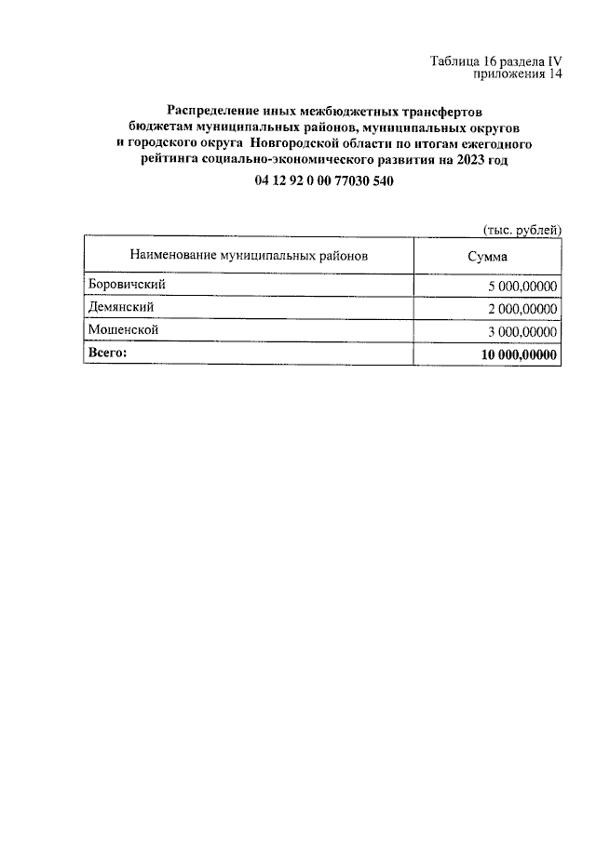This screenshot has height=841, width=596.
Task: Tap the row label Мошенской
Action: point(122,329)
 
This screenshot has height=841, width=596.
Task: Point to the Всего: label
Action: point(106,353)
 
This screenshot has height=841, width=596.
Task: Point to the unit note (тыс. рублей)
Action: point(521,228)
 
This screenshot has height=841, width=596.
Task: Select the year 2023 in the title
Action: point(470,160)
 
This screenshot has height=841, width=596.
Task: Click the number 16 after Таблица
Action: point(490,61)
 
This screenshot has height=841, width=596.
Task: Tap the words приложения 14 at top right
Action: point(518,75)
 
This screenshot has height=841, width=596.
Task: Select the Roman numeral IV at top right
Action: point(555,61)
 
